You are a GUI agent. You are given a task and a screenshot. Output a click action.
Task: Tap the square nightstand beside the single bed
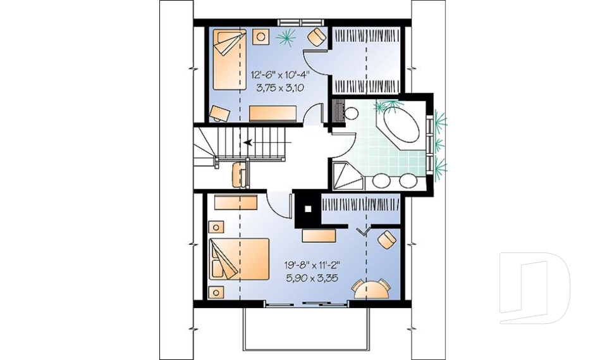(260, 37)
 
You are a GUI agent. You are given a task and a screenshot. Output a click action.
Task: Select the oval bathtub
(399, 128)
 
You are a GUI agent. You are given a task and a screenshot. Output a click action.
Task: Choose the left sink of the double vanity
(381, 180)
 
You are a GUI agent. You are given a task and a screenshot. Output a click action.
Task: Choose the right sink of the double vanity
(408, 180)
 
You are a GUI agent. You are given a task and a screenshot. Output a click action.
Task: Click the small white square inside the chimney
(307, 208)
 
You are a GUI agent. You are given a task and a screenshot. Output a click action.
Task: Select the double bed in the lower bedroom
(239, 259)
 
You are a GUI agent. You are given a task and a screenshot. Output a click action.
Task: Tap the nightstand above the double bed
(216, 227)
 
